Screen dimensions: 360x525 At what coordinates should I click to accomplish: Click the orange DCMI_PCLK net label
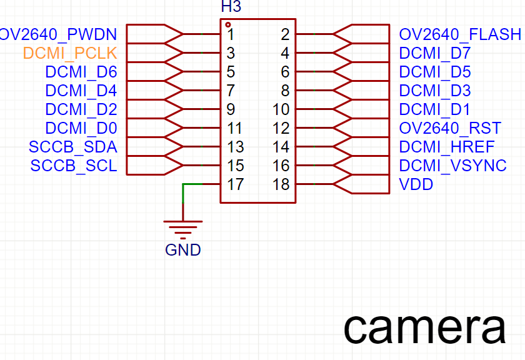[70, 53]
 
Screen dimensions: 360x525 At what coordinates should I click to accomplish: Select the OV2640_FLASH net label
[460, 34]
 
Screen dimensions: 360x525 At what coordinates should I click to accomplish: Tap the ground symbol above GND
[183, 229]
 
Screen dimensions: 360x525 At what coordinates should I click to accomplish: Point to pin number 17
[234, 185]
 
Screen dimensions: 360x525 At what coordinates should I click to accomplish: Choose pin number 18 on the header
[281, 185]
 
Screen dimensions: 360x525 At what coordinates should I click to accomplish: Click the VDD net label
[416, 185]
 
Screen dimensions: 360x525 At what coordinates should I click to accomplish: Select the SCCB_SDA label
[73, 147]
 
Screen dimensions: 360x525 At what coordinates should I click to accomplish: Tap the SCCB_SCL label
[73, 166]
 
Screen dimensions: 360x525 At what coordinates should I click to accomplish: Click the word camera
[424, 327]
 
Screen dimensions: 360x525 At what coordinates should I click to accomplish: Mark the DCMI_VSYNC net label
[452, 166]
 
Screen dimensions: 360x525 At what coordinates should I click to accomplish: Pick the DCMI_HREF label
[447, 147]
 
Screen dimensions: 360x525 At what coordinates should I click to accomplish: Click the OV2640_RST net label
[450, 129]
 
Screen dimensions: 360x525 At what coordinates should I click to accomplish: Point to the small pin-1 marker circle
[228, 25]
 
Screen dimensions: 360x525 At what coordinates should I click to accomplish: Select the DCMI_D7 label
[435, 53]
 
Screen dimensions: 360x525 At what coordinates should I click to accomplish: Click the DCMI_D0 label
[81, 129]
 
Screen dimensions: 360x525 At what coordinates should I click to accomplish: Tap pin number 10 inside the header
[281, 110]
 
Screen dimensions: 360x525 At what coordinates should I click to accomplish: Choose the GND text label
[183, 251]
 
